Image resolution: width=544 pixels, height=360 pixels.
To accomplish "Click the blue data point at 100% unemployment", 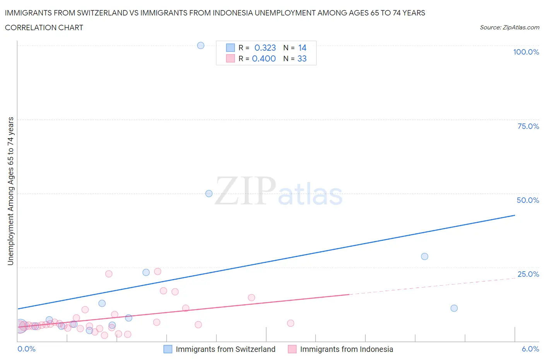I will click(200, 45).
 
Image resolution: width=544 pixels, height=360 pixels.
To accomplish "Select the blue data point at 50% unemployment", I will click(209, 194).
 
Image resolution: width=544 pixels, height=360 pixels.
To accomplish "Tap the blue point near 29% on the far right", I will click(424, 256).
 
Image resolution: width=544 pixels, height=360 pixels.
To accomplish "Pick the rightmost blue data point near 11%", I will click(454, 308).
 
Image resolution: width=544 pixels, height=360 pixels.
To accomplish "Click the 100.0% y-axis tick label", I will click(526, 52).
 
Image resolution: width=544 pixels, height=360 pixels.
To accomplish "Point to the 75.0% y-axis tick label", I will click(528, 126).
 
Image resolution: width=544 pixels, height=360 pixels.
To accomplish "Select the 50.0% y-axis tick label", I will click(528, 200).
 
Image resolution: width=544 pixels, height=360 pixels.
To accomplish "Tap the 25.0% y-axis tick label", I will click(528, 274).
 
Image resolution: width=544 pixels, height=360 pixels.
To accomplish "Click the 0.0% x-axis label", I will click(26, 349).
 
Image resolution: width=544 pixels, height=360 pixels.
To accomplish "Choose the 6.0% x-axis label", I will click(530, 349).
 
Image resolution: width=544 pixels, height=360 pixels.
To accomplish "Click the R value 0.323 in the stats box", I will click(265, 48).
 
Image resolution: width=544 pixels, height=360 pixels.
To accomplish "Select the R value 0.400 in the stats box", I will click(264, 58).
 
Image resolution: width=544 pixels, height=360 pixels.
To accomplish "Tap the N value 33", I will click(302, 58).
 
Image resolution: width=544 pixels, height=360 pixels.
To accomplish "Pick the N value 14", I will click(302, 48).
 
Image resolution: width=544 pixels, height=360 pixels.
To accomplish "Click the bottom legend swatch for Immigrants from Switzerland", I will click(168, 349).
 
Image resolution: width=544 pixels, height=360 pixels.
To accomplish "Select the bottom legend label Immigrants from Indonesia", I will click(346, 349).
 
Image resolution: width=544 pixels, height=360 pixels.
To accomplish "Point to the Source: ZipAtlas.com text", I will click(509, 27).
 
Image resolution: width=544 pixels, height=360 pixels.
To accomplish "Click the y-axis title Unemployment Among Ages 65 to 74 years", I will click(10, 191).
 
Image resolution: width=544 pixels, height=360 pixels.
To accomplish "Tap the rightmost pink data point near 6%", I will click(291, 323).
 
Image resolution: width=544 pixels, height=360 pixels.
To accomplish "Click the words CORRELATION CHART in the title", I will click(44, 27).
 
